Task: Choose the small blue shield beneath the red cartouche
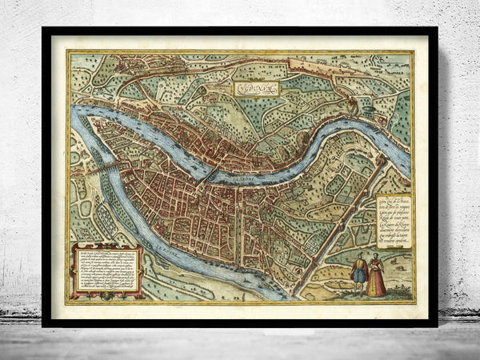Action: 107,294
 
